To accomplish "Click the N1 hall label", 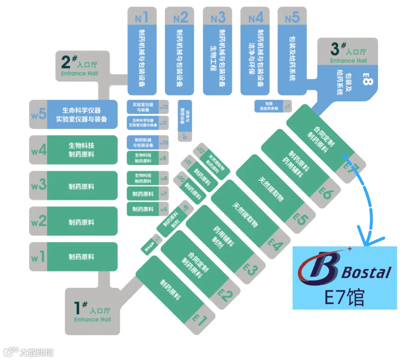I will [x=142, y=18].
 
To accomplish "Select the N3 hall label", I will [x=218, y=18].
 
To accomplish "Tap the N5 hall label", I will [x=292, y=18].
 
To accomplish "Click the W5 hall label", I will [x=38, y=113].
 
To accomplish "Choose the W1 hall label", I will [x=38, y=257].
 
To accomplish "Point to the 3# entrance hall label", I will [x=348, y=51].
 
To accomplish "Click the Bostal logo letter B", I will [x=318, y=269].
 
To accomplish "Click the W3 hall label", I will [x=38, y=185].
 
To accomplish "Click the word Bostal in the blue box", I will [x=366, y=272].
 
